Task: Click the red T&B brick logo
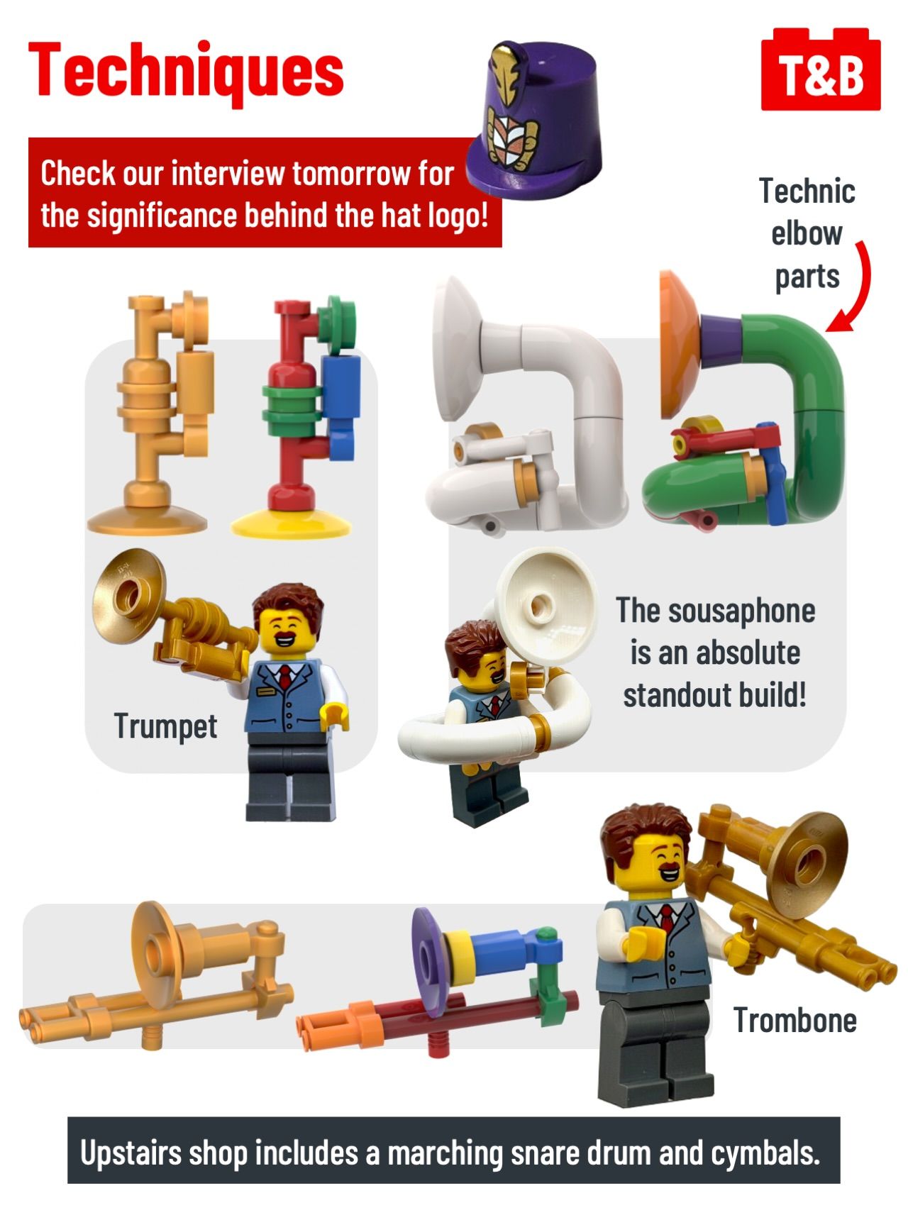pos(821,70)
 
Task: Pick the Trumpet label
pos(165,726)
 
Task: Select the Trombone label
pos(794,1021)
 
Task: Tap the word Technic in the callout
pos(807,192)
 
